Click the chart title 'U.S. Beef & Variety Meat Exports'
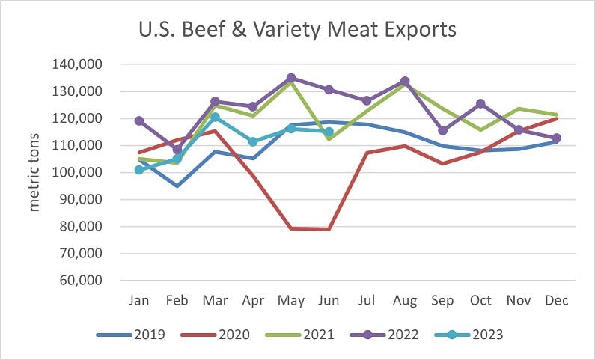click(297, 31)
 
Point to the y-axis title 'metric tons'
click(34, 173)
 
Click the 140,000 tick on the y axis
click(78, 64)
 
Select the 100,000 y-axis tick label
click(78, 173)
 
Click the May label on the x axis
click(291, 301)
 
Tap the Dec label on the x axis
click(557, 301)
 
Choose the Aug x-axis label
click(405, 301)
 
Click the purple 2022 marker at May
click(291, 78)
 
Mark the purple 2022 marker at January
click(139, 120)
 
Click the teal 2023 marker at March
click(216, 118)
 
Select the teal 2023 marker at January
click(139, 170)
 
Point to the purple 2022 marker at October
click(480, 104)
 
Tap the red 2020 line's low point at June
click(329, 229)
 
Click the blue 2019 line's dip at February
click(177, 186)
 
